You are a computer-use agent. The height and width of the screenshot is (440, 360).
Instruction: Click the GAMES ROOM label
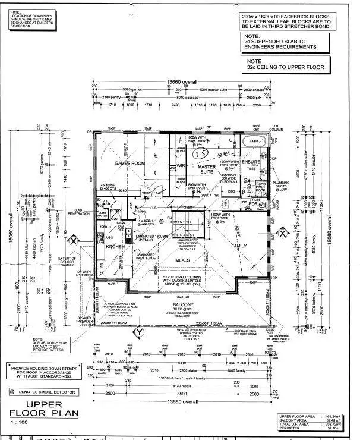pos(130,162)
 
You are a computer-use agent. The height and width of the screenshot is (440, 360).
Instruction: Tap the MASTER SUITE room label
pos(207,170)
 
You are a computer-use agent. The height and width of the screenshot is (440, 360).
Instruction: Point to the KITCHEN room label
pos(115,246)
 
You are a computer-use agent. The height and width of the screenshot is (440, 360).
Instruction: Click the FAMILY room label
pos(239,246)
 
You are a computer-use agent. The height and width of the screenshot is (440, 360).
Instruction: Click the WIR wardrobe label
pos(182,165)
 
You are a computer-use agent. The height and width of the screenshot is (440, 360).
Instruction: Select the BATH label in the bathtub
pos(254,141)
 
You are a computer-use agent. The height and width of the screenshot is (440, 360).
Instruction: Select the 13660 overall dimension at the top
pos(182,81)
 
